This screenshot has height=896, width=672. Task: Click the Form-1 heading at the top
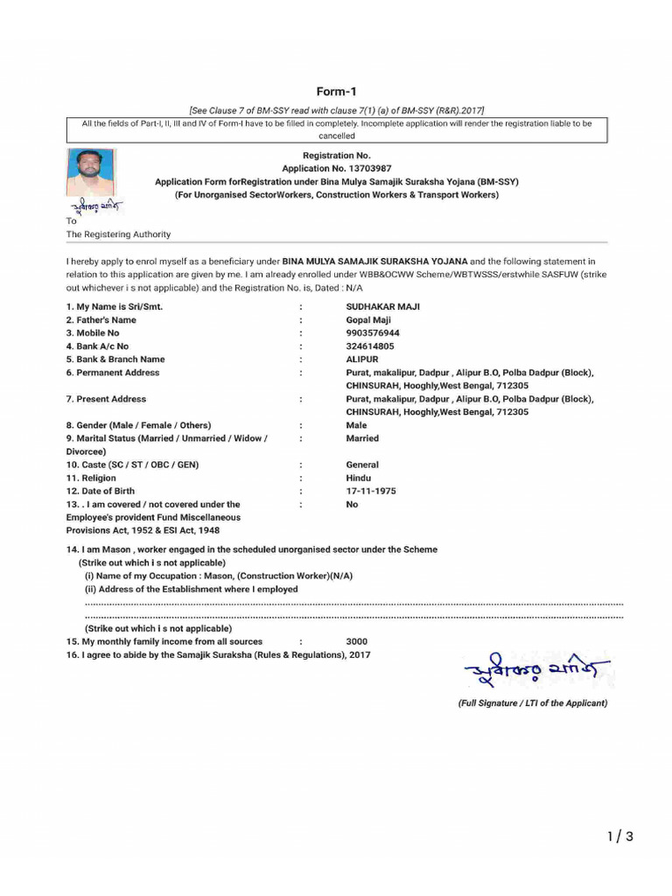[337, 92]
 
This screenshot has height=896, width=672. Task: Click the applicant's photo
[89, 172]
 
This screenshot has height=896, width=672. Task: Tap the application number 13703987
[337, 168]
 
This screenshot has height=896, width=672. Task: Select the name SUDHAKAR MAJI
[382, 307]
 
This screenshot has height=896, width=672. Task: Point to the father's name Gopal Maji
[368, 320]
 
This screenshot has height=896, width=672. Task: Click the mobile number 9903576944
[373, 333]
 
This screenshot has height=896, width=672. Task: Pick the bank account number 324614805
[370, 346]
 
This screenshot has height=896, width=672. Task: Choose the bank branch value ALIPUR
[362, 360]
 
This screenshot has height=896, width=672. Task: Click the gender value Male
[356, 425]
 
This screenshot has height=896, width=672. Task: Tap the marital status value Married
[362, 438]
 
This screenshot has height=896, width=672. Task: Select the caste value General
[362, 465]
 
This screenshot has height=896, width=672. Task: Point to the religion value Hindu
[358, 478]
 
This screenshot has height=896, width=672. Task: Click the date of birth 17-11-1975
[371, 491]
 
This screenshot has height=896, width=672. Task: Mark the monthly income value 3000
[357, 641]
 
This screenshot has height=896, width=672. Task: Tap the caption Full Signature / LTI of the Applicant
[532, 703]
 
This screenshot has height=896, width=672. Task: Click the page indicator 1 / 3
[619, 837]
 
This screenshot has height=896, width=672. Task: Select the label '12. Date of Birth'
[101, 491]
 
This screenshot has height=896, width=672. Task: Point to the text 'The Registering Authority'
[119, 234]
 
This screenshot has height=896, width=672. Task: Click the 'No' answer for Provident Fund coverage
[352, 504]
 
